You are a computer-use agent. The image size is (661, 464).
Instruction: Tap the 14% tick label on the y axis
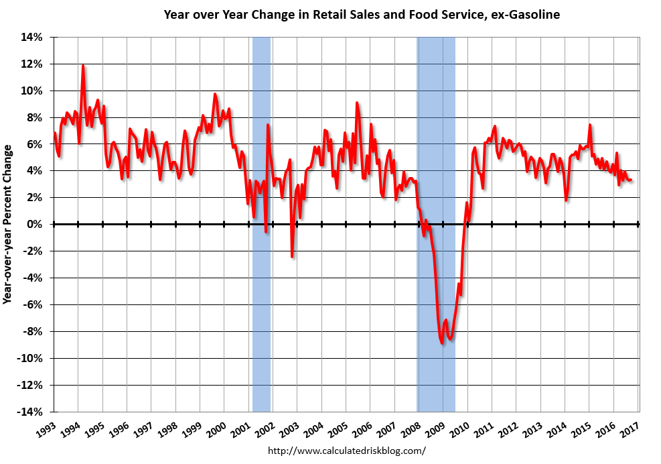click(x=31, y=37)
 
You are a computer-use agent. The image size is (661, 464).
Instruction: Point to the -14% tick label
click(x=29, y=412)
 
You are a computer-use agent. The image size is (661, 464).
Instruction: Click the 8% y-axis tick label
click(x=34, y=117)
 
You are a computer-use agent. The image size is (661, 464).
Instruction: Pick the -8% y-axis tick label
click(x=31, y=331)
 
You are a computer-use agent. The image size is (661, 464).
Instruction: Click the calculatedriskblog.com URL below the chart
click(x=346, y=451)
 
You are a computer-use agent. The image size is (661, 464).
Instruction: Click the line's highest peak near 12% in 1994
click(x=83, y=66)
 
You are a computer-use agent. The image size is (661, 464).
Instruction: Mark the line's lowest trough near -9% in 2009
click(x=442, y=343)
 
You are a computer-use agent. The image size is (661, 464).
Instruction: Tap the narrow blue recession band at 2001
click(x=261, y=134)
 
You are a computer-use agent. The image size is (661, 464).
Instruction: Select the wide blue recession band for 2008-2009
click(x=436, y=134)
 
